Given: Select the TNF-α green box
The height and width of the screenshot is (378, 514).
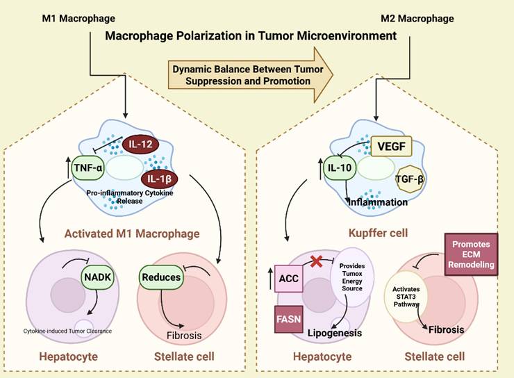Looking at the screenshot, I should click(88, 167).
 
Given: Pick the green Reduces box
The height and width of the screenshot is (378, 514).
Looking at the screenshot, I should click(160, 277).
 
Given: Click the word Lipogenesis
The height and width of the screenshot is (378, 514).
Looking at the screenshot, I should click(335, 334).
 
